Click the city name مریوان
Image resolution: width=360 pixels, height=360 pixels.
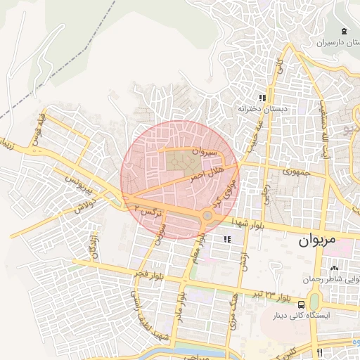click(313, 242)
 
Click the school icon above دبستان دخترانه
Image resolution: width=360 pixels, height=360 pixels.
click(262, 98)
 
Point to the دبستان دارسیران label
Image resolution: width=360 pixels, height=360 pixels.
click(323, 43)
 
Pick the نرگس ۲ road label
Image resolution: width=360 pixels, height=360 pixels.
click(148, 210)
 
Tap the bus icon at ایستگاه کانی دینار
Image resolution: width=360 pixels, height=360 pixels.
click(301, 304)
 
